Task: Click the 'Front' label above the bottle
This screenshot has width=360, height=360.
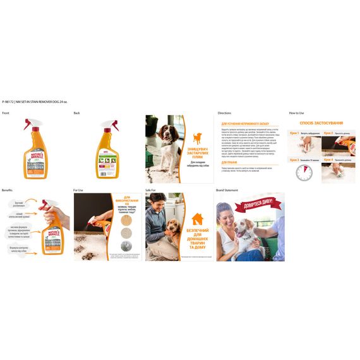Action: [x=6, y=113]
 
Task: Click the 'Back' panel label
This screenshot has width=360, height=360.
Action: [x=76, y=113]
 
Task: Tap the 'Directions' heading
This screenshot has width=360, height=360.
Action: [x=224, y=113]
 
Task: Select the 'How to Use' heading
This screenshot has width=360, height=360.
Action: [x=296, y=113]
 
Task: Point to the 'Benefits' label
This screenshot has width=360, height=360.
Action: [x=7, y=189]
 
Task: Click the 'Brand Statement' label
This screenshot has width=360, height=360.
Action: [x=227, y=189]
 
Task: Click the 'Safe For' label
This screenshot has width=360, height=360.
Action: [x=150, y=189]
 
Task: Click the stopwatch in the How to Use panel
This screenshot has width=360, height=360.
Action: [x=304, y=172]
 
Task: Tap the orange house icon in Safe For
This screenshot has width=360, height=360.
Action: [x=198, y=219]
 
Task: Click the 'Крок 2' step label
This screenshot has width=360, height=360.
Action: [x=328, y=133]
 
